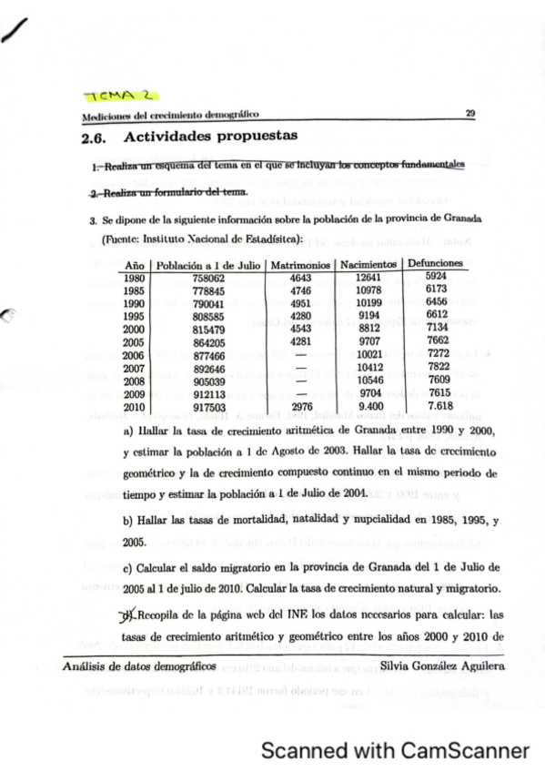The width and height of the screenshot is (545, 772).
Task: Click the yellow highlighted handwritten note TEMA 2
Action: [120, 96]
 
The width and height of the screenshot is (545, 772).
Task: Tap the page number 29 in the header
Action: [469, 114]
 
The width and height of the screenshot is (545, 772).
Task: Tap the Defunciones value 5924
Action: [437, 275]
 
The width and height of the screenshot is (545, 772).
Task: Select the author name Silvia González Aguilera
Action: [441, 666]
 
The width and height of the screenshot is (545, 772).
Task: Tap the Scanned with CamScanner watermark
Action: [395, 751]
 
